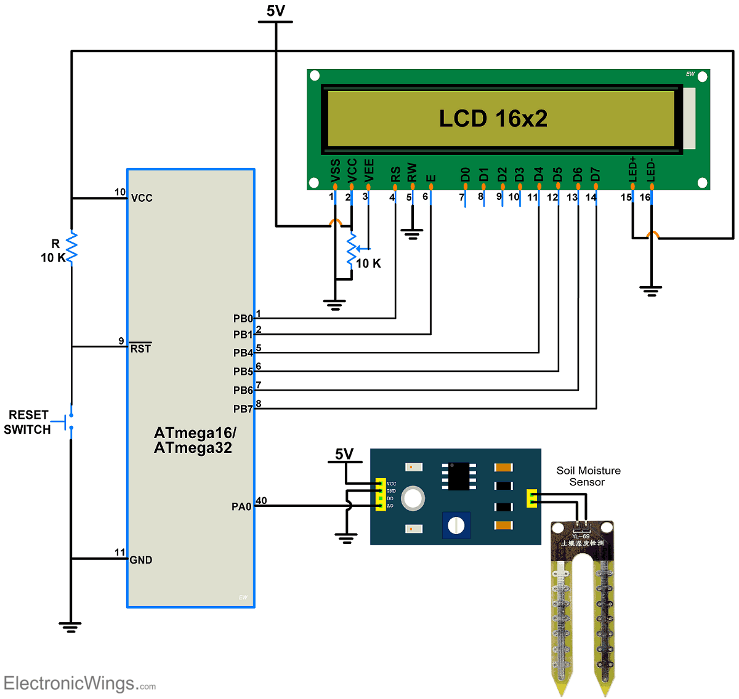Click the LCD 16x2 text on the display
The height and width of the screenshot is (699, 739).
(493, 118)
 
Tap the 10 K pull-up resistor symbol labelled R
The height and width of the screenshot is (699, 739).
(71, 247)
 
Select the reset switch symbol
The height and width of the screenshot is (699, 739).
(70, 421)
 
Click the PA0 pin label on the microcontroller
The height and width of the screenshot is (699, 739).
(241, 506)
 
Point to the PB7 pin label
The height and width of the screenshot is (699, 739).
(243, 409)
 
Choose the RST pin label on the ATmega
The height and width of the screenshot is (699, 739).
(140, 348)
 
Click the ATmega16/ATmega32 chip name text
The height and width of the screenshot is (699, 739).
(194, 440)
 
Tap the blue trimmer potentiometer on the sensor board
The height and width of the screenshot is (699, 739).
(456, 525)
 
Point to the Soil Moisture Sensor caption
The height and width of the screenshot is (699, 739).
(588, 476)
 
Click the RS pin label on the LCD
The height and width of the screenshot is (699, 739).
(395, 174)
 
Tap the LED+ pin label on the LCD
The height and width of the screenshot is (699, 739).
(632, 169)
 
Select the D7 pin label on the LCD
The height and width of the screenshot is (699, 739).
(596, 174)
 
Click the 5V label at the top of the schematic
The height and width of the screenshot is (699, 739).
(275, 11)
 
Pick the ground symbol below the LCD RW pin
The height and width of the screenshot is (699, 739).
(412, 234)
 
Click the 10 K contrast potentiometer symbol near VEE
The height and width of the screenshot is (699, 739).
(352, 249)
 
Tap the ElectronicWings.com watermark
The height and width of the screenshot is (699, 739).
(79, 683)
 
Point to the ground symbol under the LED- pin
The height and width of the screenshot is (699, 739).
(651, 290)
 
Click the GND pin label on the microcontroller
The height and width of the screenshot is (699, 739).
(140, 560)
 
